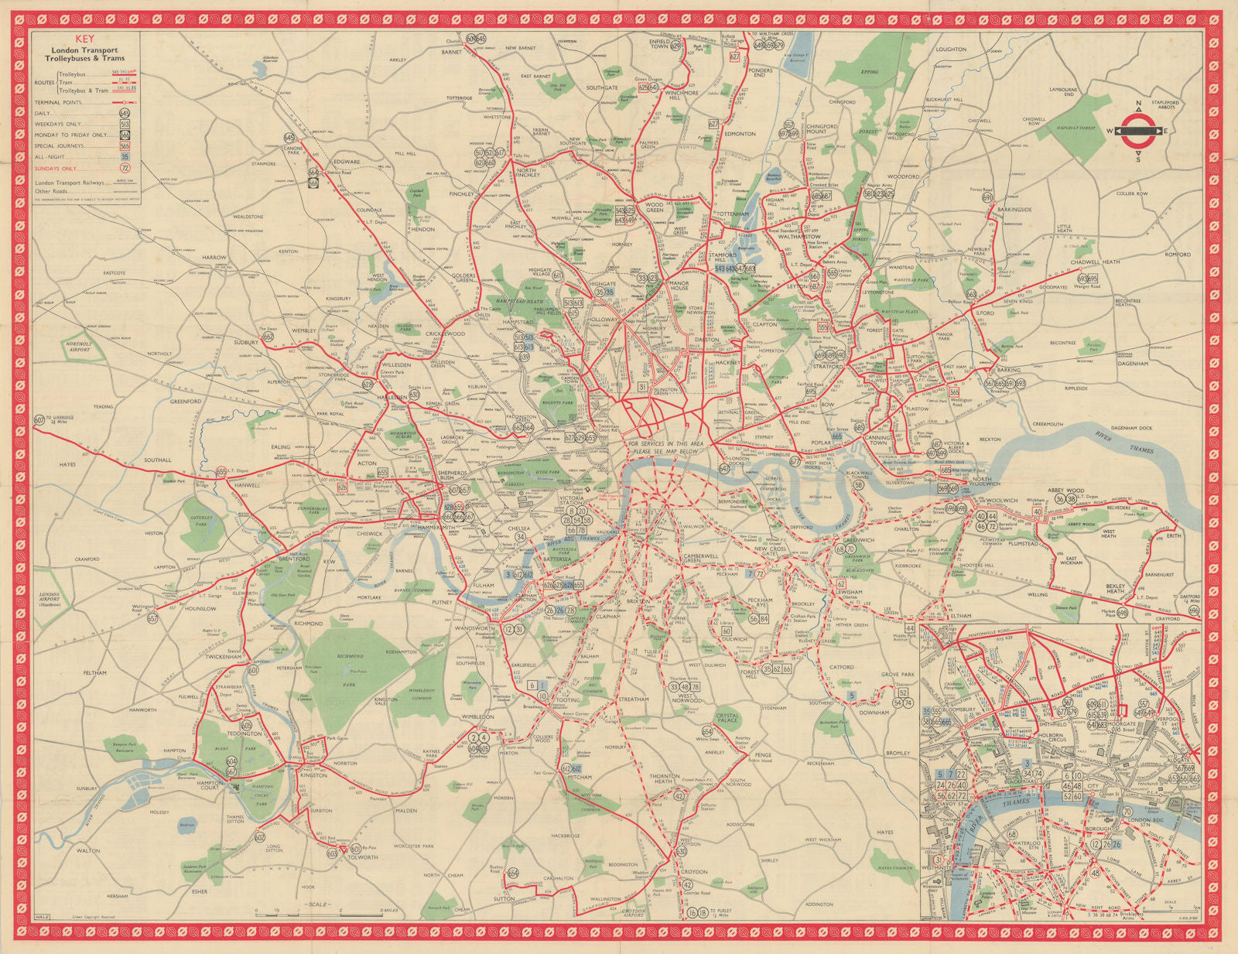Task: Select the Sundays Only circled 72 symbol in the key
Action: pyautogui.click(x=125, y=167)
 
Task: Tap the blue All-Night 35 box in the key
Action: pyautogui.click(x=125, y=156)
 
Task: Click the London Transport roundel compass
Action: pyautogui.click(x=1137, y=131)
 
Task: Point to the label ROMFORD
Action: pyautogui.click(x=1178, y=254)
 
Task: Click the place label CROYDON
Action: pyautogui.click(x=694, y=871)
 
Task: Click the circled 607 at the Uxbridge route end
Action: pyautogui.click(x=39, y=419)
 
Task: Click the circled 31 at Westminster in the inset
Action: pyautogui.click(x=939, y=860)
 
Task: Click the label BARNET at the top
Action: pyautogui.click(x=452, y=52)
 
